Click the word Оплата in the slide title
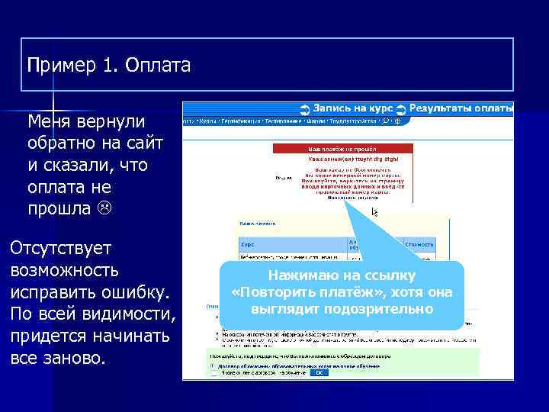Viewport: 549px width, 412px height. point(158,66)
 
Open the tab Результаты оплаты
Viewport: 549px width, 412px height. point(461,109)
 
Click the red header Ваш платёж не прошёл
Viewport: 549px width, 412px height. point(342,150)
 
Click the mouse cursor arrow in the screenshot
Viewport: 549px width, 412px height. point(374,212)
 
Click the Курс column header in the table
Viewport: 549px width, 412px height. point(247,246)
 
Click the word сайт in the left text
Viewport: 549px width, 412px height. point(143,143)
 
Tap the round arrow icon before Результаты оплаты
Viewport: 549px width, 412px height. point(402,110)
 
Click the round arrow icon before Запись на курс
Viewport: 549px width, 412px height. point(304,110)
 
